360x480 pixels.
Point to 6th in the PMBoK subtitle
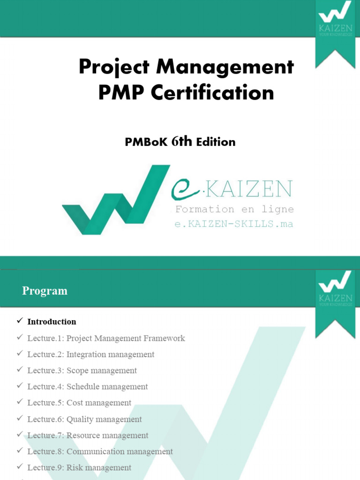coord(182,141)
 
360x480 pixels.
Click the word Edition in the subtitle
coord(216,142)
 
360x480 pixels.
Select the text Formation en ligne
coord(234,209)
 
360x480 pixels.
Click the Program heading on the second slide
coord(45,291)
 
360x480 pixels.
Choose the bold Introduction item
coord(52,322)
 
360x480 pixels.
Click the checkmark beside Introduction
coord(20,321)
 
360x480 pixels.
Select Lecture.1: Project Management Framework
coord(106,338)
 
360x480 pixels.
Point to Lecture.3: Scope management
coord(82,370)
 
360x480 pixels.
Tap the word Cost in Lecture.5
coord(75,403)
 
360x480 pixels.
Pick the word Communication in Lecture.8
coord(95,451)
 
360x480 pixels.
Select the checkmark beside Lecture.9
coord(20,467)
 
